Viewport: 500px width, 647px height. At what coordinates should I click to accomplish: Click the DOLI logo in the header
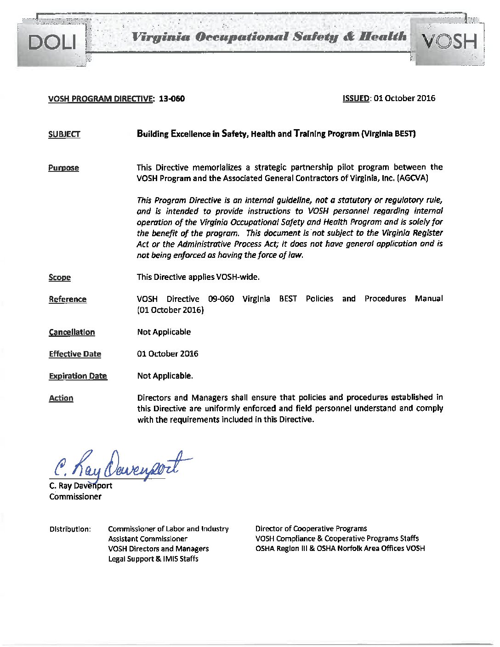[x=51, y=42]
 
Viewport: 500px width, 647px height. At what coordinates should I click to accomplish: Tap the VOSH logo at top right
[x=449, y=42]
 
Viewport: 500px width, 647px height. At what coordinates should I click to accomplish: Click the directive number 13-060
[x=171, y=99]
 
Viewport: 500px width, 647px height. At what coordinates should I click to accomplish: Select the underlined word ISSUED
[x=356, y=98]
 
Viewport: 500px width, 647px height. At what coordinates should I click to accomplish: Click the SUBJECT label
[x=64, y=134]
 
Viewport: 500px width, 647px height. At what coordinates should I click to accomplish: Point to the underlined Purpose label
[x=63, y=168]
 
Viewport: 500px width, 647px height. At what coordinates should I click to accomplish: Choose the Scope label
[x=60, y=278]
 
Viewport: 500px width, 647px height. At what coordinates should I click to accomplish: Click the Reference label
[x=68, y=300]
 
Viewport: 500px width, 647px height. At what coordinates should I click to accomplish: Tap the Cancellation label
[x=72, y=332]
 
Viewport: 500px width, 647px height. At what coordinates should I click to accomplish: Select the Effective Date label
[x=75, y=354]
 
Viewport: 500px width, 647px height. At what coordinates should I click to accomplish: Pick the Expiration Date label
[x=78, y=376]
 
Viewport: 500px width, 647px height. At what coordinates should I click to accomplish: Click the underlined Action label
[x=61, y=398]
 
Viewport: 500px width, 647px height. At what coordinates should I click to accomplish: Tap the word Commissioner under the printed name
[x=75, y=497]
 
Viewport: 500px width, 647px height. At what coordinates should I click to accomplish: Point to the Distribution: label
[x=70, y=529]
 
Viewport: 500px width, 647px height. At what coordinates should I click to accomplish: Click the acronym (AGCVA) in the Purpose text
[x=413, y=178]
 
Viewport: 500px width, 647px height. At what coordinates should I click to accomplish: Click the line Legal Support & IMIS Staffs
[x=153, y=559]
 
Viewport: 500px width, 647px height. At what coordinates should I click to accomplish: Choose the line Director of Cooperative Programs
[x=311, y=529]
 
